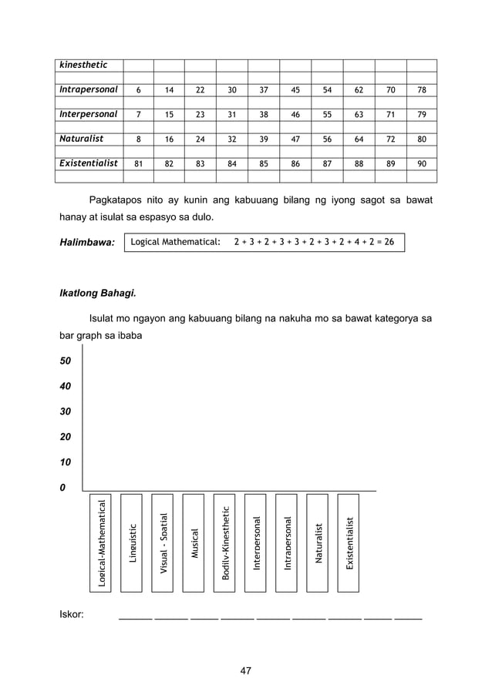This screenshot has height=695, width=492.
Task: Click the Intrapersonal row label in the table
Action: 89,89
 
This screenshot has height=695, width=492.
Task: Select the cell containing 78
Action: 421,90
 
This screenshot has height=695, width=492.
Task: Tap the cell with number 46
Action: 295,114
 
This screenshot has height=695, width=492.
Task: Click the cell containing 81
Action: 138,163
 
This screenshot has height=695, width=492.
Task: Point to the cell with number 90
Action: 421,163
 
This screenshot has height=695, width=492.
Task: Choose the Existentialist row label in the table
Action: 89,163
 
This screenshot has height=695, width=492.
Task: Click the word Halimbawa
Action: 86,243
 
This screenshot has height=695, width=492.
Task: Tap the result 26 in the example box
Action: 389,242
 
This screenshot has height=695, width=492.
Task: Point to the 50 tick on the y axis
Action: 66,361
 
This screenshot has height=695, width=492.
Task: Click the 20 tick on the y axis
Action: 66,437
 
